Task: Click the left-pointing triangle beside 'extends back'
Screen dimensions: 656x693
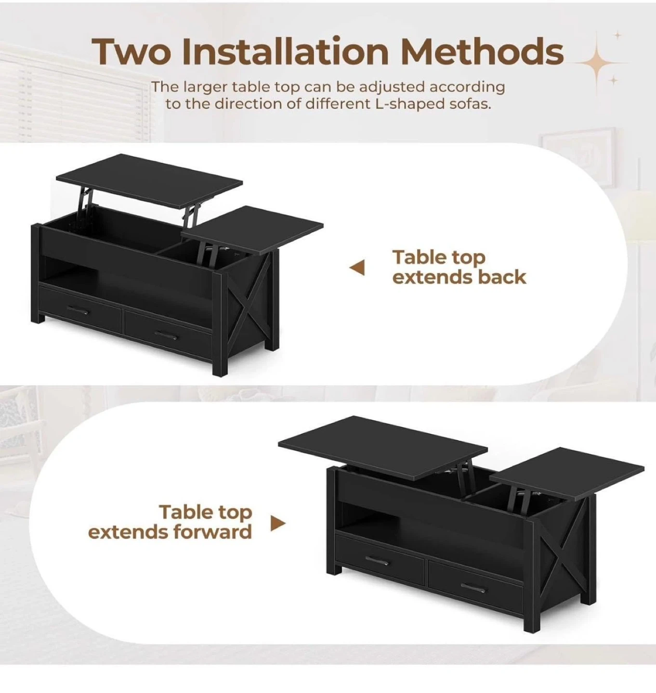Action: (x=357, y=268)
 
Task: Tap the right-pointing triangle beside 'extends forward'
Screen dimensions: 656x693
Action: (x=278, y=524)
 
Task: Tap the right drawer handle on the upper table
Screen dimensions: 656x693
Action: (x=166, y=334)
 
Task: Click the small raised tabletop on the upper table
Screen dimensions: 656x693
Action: (x=252, y=230)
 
